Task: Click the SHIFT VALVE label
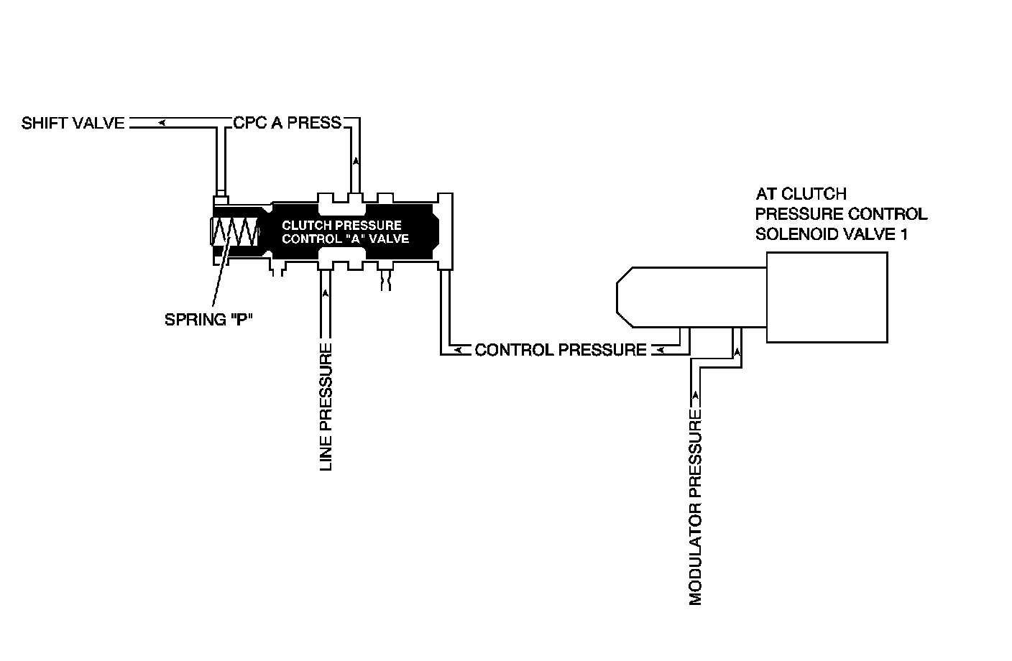point(73,123)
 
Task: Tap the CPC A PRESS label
point(287,123)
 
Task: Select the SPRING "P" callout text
point(206,320)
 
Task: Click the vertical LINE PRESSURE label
point(326,407)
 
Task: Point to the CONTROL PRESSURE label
point(561,350)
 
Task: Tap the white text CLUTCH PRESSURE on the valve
point(341,225)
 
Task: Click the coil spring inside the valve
point(234,232)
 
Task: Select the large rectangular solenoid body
point(827,297)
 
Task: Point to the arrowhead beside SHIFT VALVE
point(163,123)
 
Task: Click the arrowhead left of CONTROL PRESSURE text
point(457,350)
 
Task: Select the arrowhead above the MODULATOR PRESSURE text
point(695,394)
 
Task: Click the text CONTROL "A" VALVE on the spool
point(345,239)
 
